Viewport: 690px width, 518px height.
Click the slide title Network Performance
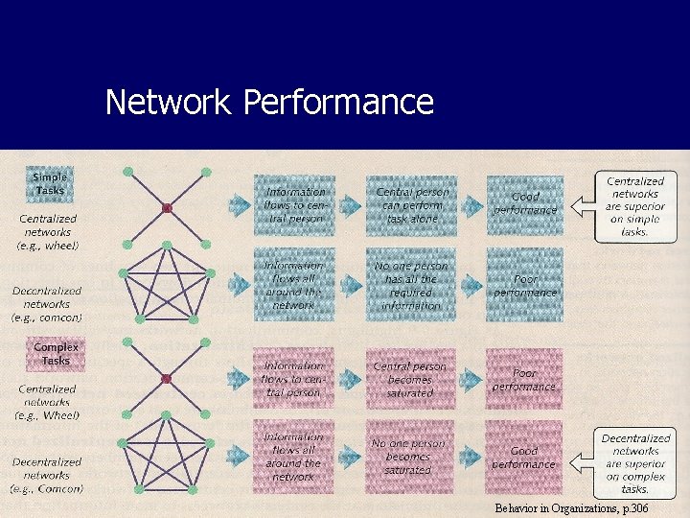(x=269, y=101)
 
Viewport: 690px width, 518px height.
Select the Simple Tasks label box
(x=50, y=183)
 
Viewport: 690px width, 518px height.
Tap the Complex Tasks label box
(x=56, y=353)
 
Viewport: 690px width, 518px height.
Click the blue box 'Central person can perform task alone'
(x=411, y=203)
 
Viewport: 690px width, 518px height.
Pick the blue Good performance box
(x=524, y=203)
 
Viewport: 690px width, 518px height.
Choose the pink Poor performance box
(x=524, y=379)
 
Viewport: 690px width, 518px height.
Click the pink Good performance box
(x=524, y=457)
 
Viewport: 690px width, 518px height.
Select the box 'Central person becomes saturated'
(x=409, y=379)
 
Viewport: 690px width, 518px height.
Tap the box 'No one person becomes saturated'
(x=409, y=457)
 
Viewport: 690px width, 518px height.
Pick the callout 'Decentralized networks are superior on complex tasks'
(x=635, y=463)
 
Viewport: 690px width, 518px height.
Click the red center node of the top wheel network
(x=166, y=207)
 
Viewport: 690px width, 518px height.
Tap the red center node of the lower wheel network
(x=166, y=378)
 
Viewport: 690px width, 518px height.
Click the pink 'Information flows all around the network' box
(x=293, y=457)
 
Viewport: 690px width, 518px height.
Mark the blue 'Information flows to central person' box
(x=294, y=203)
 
